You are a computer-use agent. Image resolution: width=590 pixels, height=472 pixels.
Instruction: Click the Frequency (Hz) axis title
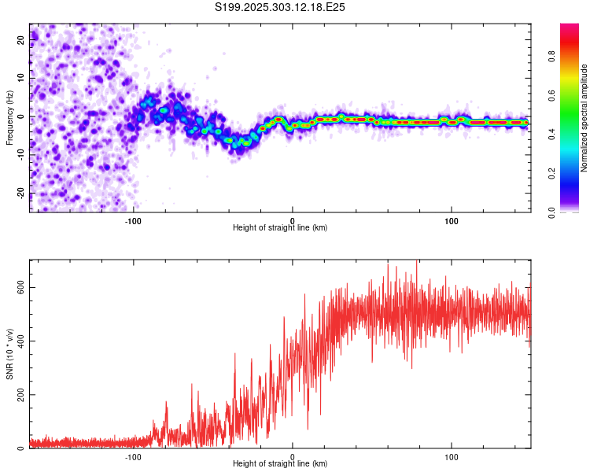click(9, 118)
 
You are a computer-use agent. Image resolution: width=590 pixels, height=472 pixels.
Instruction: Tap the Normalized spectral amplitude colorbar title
click(584, 118)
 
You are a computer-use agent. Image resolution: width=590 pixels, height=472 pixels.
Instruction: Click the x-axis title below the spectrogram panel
click(280, 227)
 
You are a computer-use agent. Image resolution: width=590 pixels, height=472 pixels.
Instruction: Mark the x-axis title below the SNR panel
click(280, 464)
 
